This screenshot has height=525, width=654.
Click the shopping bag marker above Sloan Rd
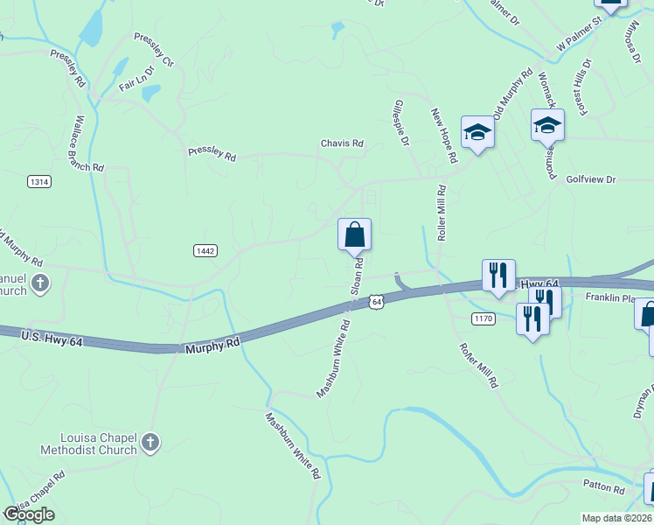coord(354,235)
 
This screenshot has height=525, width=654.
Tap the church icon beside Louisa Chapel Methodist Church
coord(151,443)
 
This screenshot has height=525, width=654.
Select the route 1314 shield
coord(39,182)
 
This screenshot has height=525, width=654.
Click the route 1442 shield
coord(205,251)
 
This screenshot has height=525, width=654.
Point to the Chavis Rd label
coord(341,143)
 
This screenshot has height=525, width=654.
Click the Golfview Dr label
coord(591,179)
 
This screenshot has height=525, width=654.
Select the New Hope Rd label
coord(444,136)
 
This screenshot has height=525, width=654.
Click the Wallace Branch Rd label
coord(90,143)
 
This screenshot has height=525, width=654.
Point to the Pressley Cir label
coord(154,50)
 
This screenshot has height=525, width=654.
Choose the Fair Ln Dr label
coord(136,79)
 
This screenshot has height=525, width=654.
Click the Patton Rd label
coord(605,487)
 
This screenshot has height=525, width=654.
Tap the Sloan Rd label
coord(357,276)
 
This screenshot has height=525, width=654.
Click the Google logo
coord(29,514)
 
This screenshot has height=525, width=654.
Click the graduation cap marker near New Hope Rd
coord(477,132)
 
